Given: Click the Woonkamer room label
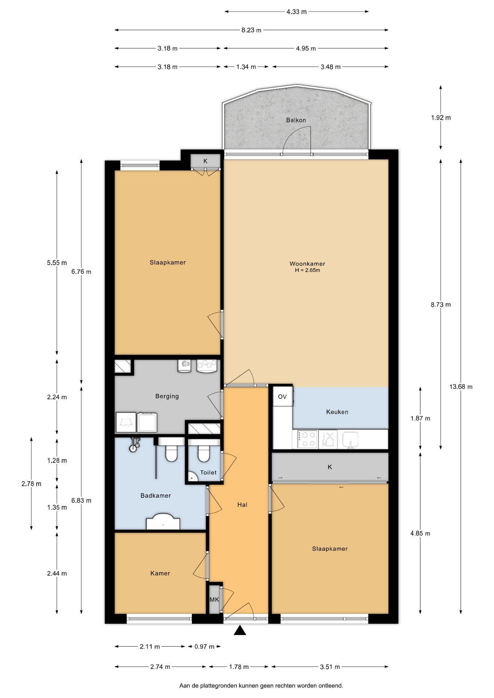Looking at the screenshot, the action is point(307,264).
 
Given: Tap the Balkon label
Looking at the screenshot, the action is point(296,120).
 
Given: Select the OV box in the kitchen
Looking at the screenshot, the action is point(283,397).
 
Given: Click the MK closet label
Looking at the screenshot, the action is point(214,599).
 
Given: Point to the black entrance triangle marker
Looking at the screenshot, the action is point(240,630).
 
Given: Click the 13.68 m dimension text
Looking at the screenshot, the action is point(461,386).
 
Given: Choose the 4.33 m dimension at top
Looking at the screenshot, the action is point(296,12).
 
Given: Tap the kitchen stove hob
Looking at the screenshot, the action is point(306,439).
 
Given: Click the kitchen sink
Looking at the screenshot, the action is point(350,439).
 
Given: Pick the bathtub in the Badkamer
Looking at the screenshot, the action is point(163,521).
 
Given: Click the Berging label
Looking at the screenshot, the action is point(167,396).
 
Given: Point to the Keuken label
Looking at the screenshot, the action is point(337,412).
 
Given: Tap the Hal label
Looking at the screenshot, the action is point(242,505).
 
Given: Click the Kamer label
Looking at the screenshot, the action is point(160,573).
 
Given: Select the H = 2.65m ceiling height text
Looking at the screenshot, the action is point(307,270).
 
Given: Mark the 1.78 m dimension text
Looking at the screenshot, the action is point(239,667).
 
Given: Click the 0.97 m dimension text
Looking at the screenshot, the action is point(204,646).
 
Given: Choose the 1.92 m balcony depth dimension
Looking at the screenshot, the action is point(441,117).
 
